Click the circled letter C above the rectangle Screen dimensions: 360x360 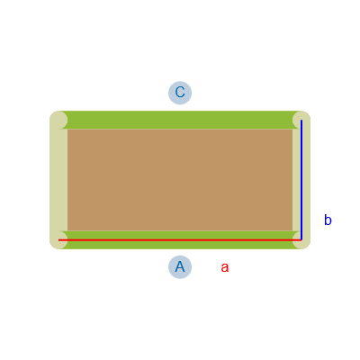point(180,93)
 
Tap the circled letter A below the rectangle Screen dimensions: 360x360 point(180,267)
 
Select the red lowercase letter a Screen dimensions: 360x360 point(225,267)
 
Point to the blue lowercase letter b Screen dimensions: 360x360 point(328,220)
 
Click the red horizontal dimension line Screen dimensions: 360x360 point(180,240)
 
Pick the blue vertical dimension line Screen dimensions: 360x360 point(301,180)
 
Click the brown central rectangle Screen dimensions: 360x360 point(180,180)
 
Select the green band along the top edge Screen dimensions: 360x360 point(180,120)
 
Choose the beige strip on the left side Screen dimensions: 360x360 point(58,180)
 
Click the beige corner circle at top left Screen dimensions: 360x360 point(58,120)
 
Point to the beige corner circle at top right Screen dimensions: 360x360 point(301,120)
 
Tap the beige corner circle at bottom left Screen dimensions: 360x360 point(58,240)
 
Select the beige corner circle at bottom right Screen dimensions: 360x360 point(301,240)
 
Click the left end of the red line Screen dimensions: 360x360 point(58,240)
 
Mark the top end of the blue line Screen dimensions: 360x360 point(301,121)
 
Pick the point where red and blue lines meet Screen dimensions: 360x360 point(301,240)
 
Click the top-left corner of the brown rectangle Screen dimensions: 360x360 point(67,129)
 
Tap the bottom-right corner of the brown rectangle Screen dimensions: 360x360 point(292,231)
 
